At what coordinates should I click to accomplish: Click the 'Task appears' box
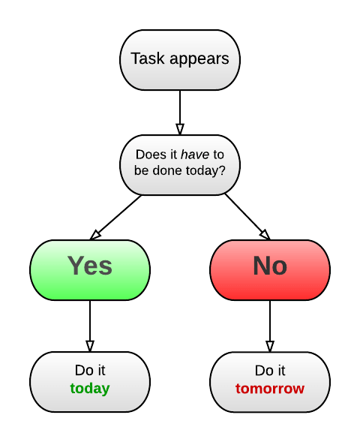tap(180, 60)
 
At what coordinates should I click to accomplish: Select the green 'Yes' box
tap(90, 270)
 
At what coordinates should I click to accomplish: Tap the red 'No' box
tap(270, 270)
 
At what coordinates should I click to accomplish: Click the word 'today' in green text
tap(90, 389)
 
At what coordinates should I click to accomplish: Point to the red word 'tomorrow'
tap(270, 389)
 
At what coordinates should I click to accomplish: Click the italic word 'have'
tap(195, 155)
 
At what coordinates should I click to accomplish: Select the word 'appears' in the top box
tap(199, 60)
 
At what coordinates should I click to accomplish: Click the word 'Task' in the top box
tap(148, 59)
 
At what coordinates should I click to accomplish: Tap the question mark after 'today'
tap(222, 170)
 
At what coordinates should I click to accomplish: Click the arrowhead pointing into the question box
tap(180, 129)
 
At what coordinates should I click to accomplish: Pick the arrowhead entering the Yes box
tap(95, 235)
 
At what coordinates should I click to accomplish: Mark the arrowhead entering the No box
tap(265, 235)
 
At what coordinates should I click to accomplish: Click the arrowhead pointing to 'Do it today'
tap(90, 346)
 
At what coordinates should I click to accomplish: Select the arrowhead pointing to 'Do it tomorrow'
tap(270, 346)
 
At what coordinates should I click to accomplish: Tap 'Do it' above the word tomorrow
tap(270, 371)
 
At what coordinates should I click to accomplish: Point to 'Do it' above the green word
tap(90, 370)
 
